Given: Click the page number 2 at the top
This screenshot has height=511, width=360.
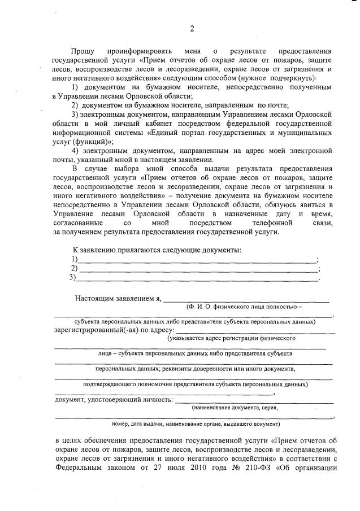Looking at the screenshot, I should click(x=192, y=29).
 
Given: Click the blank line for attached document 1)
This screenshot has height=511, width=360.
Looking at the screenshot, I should click(x=197, y=260).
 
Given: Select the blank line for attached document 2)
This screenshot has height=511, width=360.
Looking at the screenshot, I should click(x=197, y=269).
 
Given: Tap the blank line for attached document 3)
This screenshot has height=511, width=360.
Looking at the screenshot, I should click(x=197, y=278).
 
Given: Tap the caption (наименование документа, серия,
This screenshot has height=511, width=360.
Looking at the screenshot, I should click(x=235, y=407).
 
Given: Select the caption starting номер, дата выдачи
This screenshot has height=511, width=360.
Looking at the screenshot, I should click(x=196, y=423).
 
